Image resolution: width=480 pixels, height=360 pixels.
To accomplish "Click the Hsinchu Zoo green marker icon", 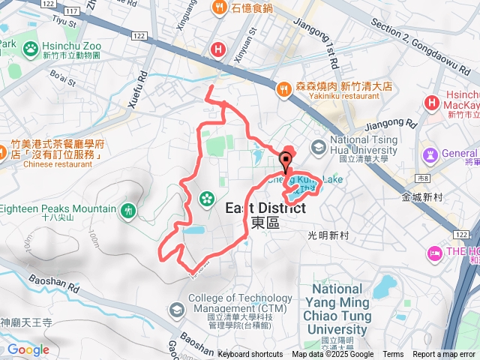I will click(x=31, y=49).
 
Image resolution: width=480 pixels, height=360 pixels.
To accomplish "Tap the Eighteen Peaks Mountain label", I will click(x=58, y=208).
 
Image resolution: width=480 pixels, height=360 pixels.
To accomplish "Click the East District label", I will click(x=265, y=208).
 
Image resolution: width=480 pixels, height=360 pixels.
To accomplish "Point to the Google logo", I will click(x=28, y=349).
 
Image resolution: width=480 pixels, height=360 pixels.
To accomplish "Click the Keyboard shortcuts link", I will click(x=250, y=355).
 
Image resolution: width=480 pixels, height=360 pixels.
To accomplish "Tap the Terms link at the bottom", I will click(x=393, y=355).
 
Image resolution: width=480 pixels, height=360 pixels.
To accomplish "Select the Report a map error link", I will click(x=444, y=355).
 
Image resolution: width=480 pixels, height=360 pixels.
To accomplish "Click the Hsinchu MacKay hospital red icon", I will click(x=432, y=102).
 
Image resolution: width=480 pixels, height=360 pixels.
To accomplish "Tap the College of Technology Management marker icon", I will click(x=175, y=309).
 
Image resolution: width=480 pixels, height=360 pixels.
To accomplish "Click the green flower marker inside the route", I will click(x=205, y=199).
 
